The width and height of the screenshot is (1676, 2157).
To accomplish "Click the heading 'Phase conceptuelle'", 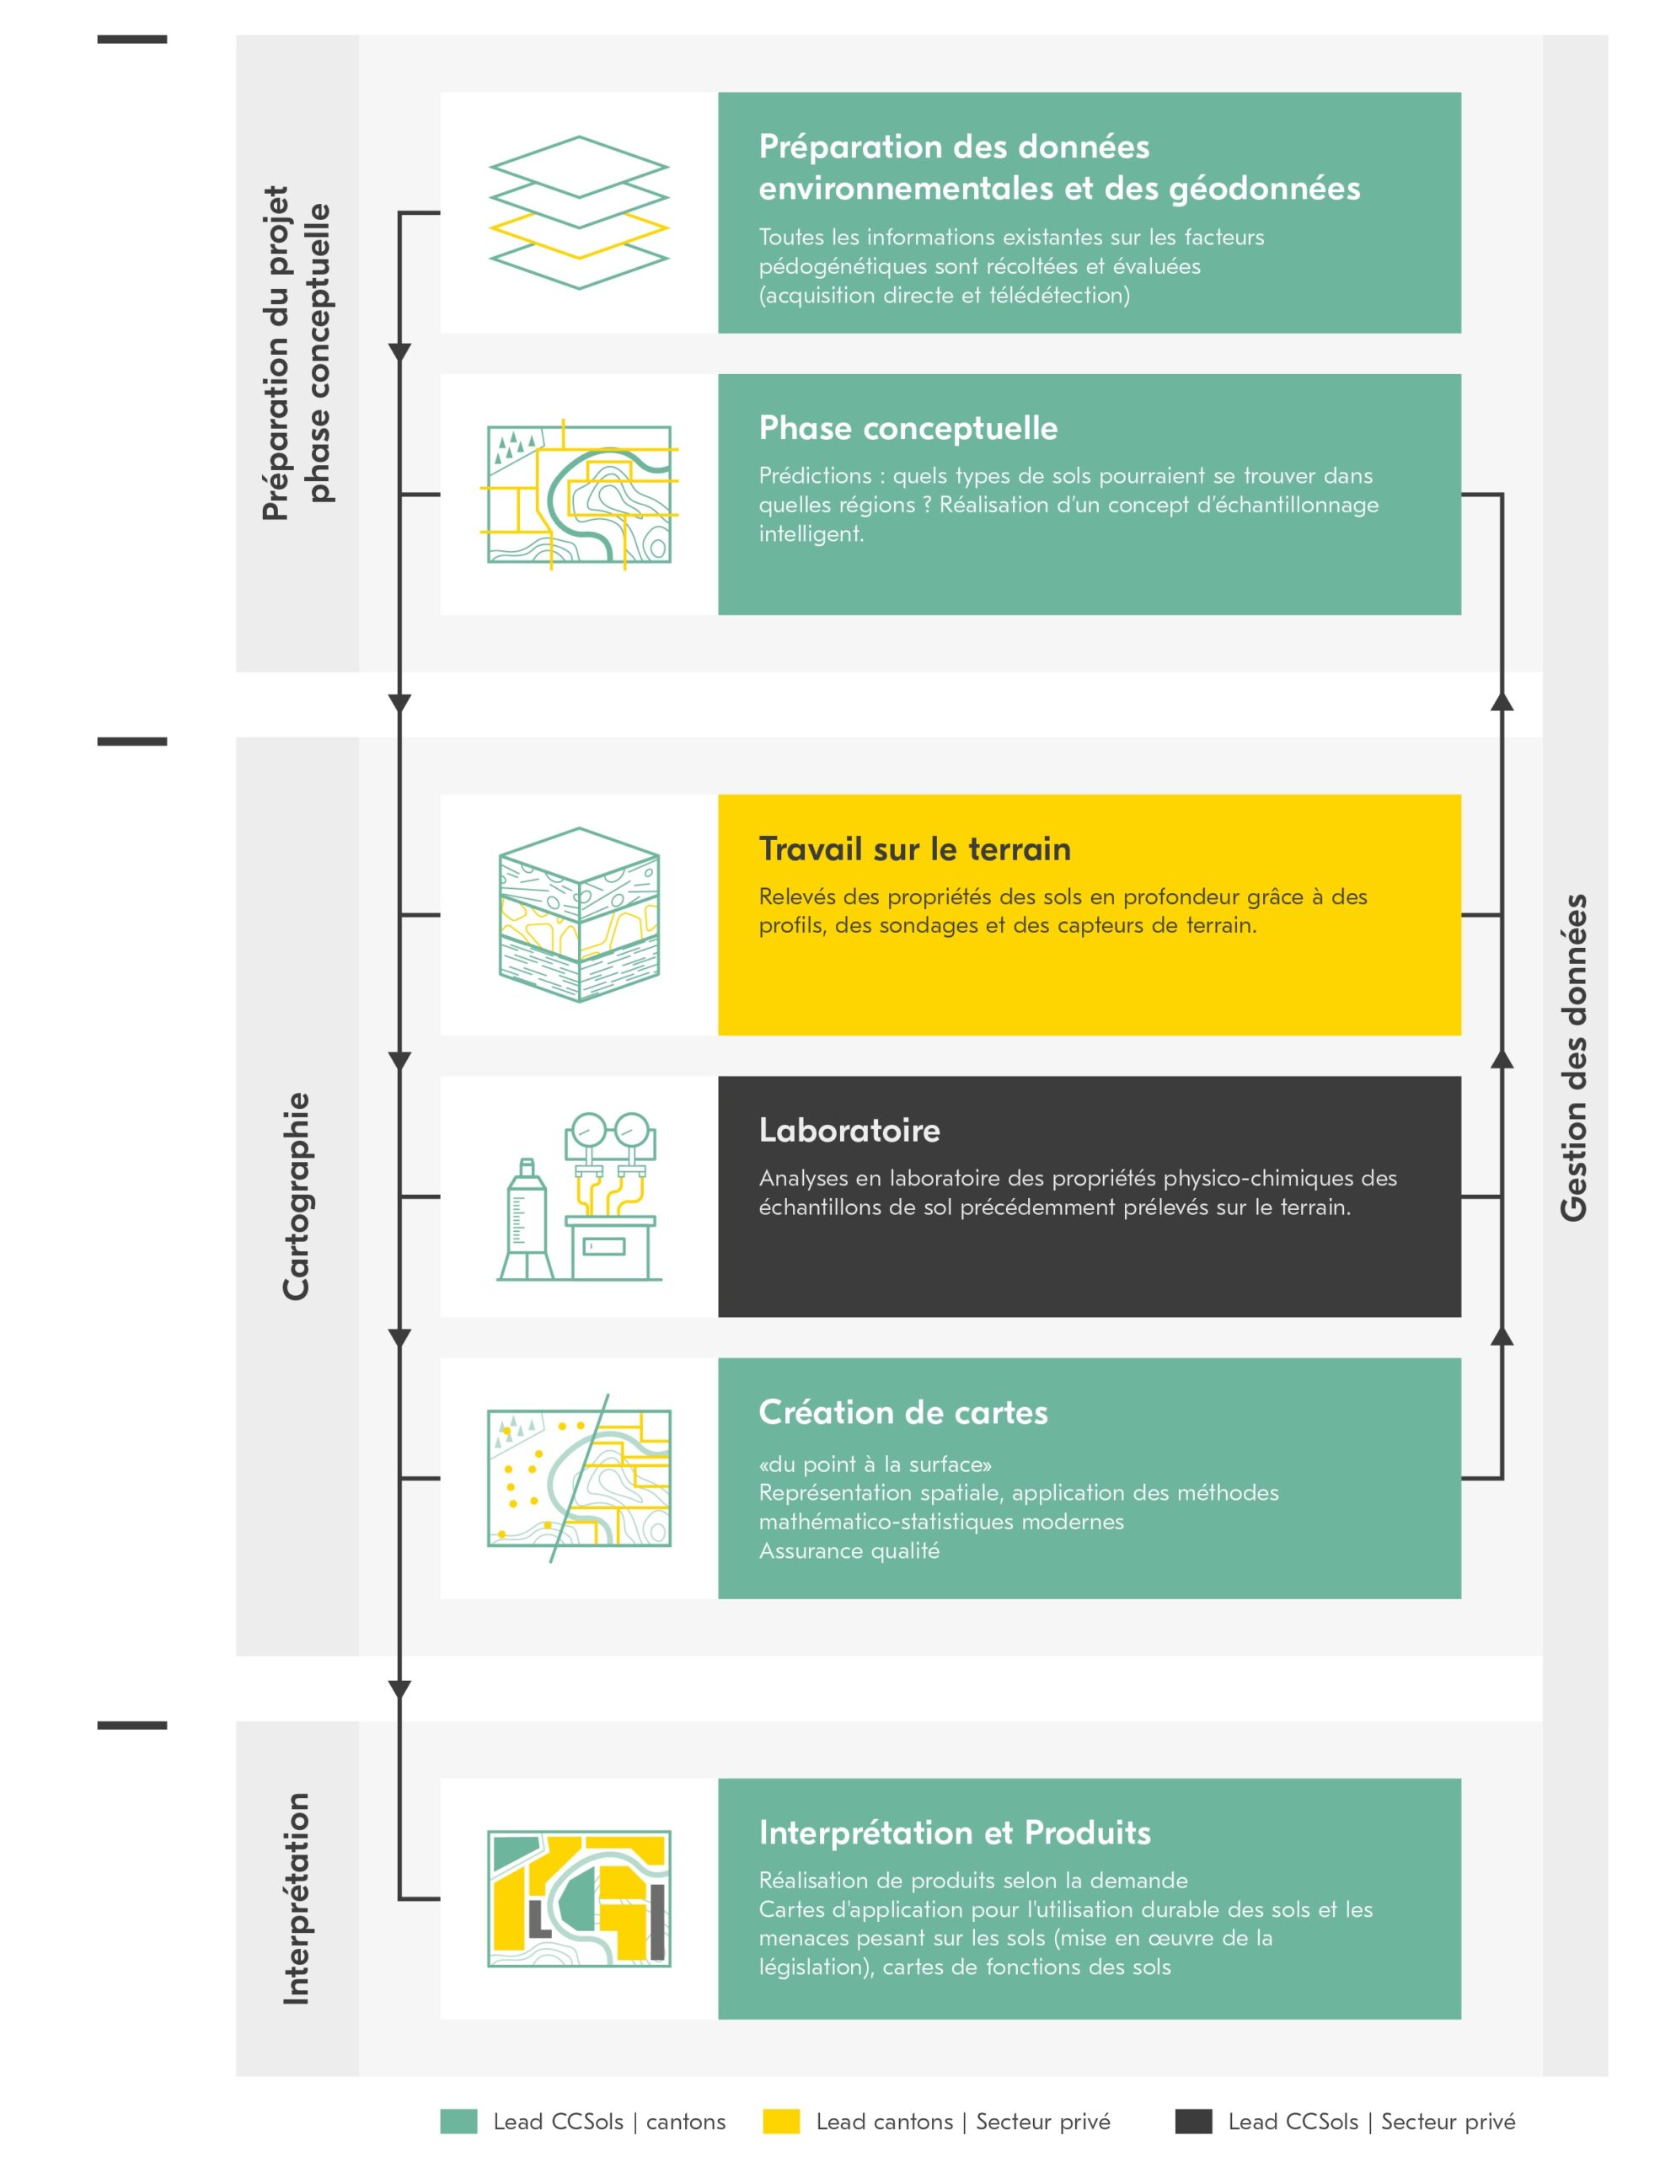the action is click(908, 428).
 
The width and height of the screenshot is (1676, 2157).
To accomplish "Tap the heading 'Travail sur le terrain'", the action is click(914, 848).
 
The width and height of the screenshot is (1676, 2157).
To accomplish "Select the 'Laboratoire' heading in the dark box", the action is click(849, 1130).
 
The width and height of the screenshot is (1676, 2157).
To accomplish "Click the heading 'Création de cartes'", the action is click(902, 1411).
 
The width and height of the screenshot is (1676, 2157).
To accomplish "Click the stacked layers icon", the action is click(579, 212).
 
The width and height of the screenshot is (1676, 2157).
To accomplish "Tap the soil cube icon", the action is click(579, 914).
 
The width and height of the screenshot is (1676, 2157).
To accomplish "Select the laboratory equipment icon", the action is click(579, 1196).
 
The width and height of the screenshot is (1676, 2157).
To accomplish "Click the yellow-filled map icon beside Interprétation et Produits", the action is click(579, 1898).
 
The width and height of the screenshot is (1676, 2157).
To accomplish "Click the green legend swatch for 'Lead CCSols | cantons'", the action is click(458, 2121).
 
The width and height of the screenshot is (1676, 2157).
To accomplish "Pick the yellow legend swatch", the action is click(781, 2121).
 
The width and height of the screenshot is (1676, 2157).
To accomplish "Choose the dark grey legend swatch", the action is click(1193, 2121).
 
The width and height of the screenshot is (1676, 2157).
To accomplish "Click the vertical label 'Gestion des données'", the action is click(1573, 1057).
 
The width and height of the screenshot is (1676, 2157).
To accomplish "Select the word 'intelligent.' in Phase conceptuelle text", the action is click(811, 534).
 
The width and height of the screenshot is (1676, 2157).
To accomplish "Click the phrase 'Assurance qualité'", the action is click(849, 1550).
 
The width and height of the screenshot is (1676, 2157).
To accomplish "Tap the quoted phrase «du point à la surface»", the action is click(875, 1464).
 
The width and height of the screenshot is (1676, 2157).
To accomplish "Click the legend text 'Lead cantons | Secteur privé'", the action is click(963, 2122).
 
